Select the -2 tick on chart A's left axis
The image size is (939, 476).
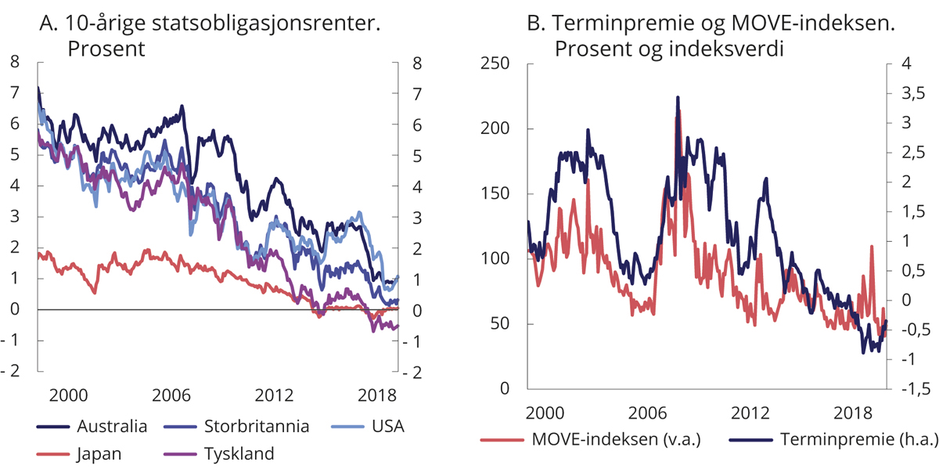[12, 372]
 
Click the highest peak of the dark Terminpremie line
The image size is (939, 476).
[678, 97]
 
